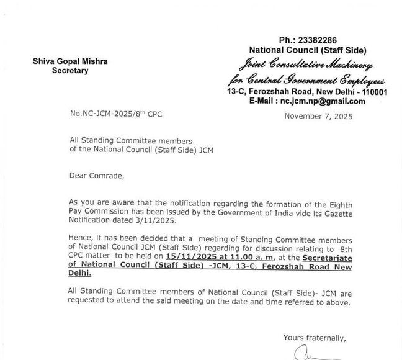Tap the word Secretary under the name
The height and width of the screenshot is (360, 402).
click(70, 70)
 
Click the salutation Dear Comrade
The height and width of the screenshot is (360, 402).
click(97, 176)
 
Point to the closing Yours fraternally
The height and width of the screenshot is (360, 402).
click(315, 338)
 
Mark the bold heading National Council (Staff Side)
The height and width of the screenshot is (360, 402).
click(308, 50)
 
